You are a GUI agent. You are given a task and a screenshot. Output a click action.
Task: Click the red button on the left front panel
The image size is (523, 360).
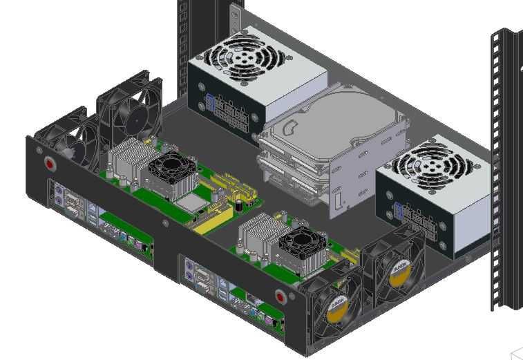(50, 164)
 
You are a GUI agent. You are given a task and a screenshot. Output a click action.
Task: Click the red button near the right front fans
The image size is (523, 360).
(280, 297)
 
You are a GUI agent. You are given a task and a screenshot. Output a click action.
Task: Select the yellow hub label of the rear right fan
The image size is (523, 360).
(399, 274)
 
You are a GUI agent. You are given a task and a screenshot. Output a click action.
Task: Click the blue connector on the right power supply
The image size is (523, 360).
(398, 212)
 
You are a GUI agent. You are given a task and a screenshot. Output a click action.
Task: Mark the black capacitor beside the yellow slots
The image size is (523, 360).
(238, 206)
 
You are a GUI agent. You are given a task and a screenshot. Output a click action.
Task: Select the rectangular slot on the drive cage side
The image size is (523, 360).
(337, 201)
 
